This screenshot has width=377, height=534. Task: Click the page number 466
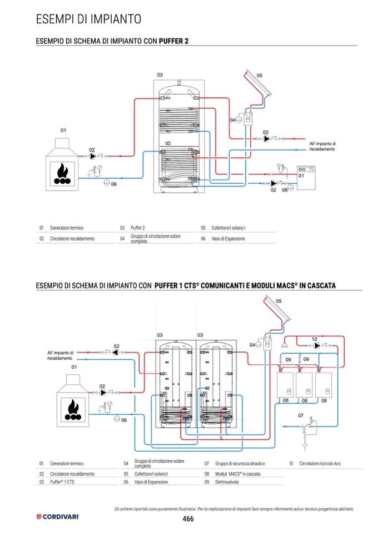188,519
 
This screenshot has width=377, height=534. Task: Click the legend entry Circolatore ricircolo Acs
321,463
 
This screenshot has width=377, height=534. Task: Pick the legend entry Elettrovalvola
227,482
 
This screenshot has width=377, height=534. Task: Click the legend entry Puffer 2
138,228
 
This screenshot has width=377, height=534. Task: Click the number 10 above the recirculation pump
314,339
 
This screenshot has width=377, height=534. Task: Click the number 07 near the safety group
300,415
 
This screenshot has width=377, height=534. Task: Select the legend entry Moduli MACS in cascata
240,473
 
